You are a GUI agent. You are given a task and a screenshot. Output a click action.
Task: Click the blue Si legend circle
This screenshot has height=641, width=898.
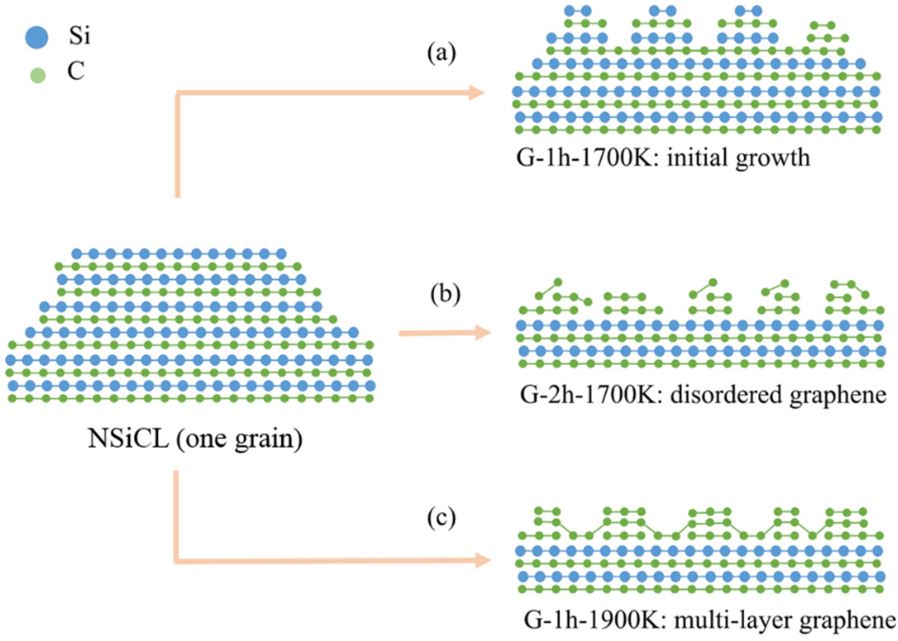click(36, 37)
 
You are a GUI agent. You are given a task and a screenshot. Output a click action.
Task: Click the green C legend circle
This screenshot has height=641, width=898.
click(38, 75)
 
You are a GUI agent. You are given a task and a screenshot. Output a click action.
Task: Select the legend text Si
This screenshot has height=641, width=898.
click(79, 37)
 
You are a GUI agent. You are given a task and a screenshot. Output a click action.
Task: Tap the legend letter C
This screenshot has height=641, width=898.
click(76, 72)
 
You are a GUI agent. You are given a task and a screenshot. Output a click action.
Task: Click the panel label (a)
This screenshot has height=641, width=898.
click(441, 55)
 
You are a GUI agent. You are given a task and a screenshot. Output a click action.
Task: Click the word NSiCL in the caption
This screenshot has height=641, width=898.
click(128, 440)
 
